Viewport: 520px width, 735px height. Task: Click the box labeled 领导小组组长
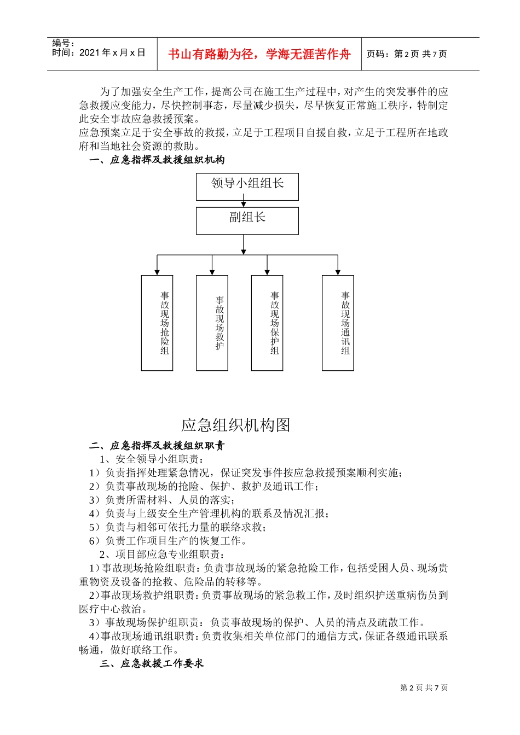coord(247,186)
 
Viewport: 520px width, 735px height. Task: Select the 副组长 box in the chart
coord(247,220)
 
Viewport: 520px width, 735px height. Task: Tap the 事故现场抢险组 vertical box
coord(157,323)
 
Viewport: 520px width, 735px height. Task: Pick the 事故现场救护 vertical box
coord(212,323)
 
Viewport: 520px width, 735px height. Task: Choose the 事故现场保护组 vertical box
coord(267,323)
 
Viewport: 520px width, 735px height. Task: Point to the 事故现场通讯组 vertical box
coord(338,323)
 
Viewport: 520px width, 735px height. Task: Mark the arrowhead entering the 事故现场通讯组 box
coord(338,272)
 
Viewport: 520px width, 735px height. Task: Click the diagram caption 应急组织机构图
coord(235,425)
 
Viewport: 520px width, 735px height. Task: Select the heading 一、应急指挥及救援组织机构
coord(157,160)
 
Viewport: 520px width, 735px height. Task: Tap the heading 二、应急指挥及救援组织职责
coord(157,446)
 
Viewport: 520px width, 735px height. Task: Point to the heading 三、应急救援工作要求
coord(152,663)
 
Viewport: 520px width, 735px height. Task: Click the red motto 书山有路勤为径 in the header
coord(259,54)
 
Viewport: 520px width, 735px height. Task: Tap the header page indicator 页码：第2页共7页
coord(407,54)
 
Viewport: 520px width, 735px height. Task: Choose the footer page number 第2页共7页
coord(424,687)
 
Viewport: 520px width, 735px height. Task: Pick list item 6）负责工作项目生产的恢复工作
coord(167,541)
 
